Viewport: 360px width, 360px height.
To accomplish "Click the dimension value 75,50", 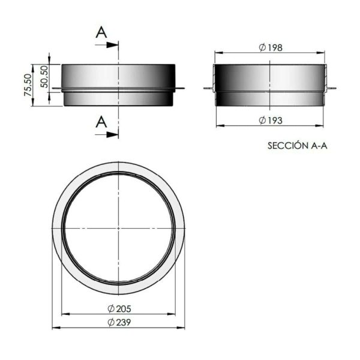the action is tap(28, 85).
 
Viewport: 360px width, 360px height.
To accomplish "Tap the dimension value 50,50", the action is tap(44, 77).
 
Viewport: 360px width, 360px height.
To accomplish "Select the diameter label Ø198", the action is tap(271, 48).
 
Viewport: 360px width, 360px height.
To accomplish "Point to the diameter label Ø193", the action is tap(271, 121).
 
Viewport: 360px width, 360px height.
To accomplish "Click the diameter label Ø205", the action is tap(119, 309).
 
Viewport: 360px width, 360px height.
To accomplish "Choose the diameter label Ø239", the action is tap(119, 322).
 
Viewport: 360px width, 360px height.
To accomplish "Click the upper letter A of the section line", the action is tap(101, 32).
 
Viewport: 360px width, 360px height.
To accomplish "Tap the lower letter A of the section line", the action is tap(101, 122).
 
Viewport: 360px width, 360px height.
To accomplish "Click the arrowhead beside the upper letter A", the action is tap(112, 45).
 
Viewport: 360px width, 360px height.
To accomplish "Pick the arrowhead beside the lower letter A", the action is tap(112, 135).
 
